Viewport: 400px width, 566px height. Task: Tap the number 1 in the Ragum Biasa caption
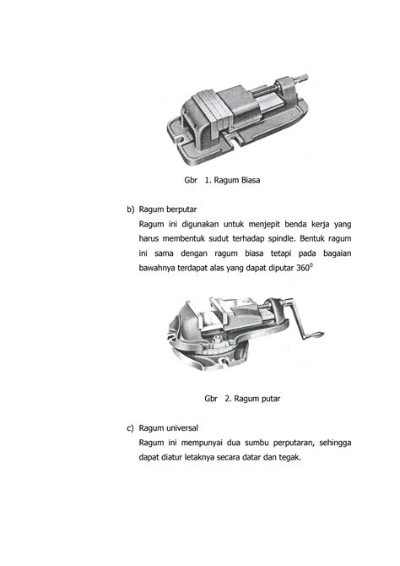click(x=207, y=180)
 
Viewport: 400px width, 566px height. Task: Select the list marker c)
click(x=130, y=427)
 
